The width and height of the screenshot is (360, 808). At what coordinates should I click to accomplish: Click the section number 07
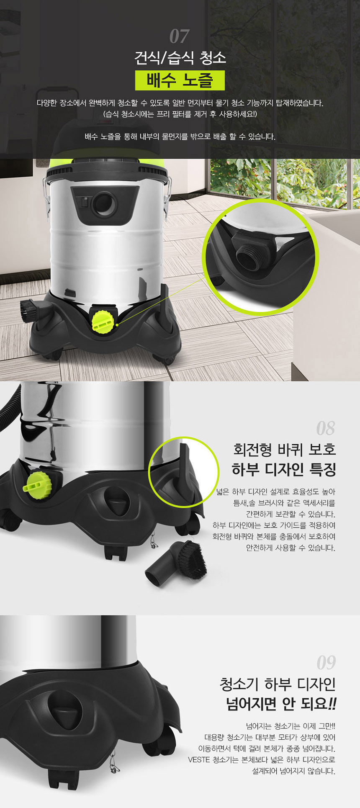click(x=179, y=37)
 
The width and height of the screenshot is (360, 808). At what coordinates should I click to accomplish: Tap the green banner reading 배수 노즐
click(x=180, y=80)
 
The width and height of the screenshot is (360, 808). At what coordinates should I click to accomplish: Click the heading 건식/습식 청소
click(x=180, y=57)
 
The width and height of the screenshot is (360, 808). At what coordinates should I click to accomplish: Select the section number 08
click(x=325, y=428)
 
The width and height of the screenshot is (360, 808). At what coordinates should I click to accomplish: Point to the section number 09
click(x=326, y=662)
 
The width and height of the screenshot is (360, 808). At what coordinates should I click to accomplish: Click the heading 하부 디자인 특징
click(x=284, y=469)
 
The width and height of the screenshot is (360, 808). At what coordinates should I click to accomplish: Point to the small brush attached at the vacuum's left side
click(x=27, y=311)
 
